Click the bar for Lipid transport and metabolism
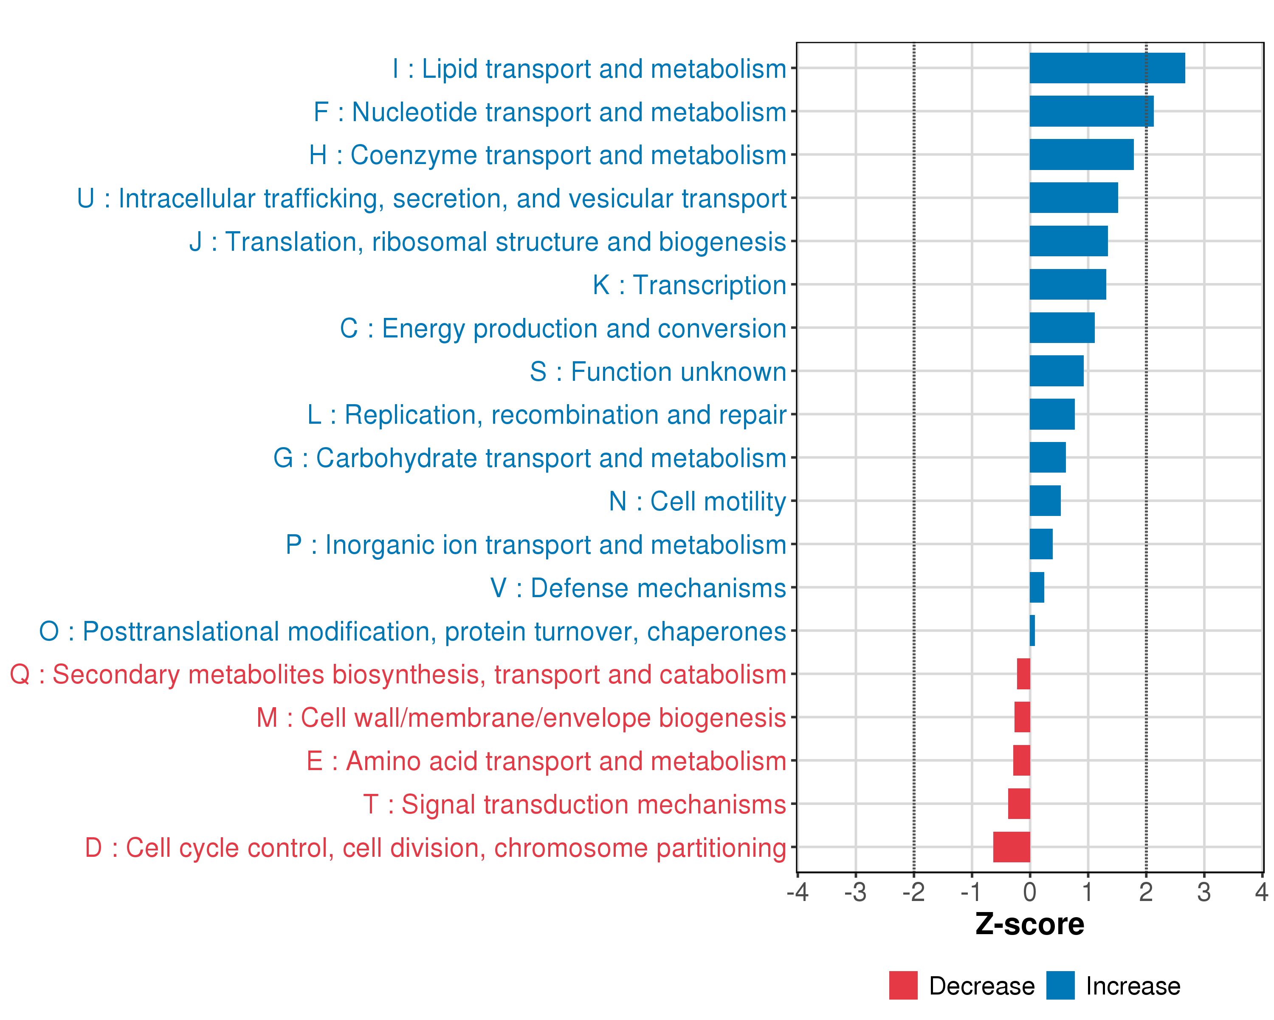tap(1107, 68)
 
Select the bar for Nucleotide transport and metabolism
tap(1091, 111)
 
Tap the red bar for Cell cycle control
tap(1011, 847)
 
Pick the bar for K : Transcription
tap(1067, 284)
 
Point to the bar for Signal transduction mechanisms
tap(1019, 804)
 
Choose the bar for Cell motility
tap(1045, 501)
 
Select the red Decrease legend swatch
tap(903, 985)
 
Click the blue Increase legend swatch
tap(1060, 985)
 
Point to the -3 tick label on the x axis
tap(854, 892)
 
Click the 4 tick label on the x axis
tap(1262, 892)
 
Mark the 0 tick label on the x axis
tap(1029, 892)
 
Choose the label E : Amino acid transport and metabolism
tap(546, 761)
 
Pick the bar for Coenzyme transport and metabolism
tap(1081, 154)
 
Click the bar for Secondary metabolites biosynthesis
tap(1023, 674)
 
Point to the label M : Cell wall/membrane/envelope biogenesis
tap(521, 718)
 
